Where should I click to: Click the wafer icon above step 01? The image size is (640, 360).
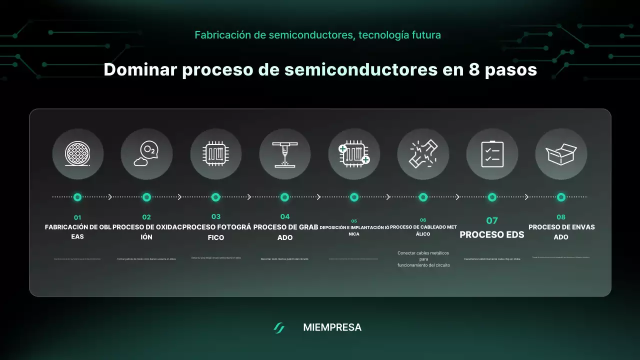click(77, 154)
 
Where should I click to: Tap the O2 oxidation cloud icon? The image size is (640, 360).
click(146, 154)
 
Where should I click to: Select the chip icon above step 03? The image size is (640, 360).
click(215, 154)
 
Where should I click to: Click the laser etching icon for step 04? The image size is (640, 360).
click(284, 154)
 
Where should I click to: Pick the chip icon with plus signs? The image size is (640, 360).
click(354, 154)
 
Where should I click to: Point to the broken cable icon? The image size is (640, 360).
click(423, 154)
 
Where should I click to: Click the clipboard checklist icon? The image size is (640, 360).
click(492, 154)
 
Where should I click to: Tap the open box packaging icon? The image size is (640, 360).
click(561, 154)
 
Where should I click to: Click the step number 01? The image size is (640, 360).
click(77, 217)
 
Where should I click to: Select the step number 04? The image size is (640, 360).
click(284, 216)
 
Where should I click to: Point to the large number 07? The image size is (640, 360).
click(492, 220)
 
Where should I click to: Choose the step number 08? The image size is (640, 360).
click(561, 217)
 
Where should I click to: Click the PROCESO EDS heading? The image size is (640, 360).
click(492, 234)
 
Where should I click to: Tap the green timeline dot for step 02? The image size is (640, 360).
click(146, 197)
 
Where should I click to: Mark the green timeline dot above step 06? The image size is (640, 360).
click(423, 197)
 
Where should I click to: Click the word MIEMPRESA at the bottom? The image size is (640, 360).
click(332, 327)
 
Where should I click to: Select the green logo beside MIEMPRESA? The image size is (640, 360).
click(279, 328)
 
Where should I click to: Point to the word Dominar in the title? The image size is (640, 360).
click(140, 69)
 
